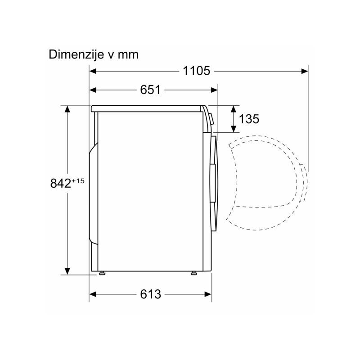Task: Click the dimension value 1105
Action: tap(196, 71)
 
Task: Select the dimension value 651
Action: tap(150, 90)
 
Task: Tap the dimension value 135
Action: tap(249, 119)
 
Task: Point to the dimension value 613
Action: tap(151, 294)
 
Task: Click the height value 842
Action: tap(61, 183)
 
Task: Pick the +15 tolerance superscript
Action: tap(78, 181)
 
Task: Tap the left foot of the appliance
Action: tap(102, 273)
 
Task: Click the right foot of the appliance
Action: tap(193, 273)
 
